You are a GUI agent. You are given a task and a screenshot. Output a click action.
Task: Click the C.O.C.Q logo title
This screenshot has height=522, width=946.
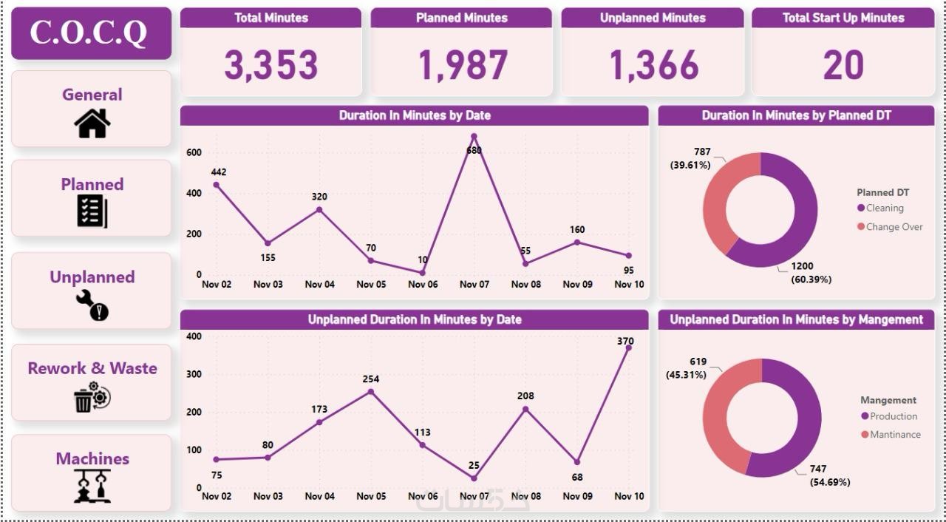coord(89,33)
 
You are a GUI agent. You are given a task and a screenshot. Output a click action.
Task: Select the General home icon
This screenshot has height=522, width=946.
coord(92,123)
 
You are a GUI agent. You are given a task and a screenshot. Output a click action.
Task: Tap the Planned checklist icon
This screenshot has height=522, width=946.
coord(92,211)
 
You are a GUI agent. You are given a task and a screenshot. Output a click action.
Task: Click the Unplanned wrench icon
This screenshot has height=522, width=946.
coord(92,305)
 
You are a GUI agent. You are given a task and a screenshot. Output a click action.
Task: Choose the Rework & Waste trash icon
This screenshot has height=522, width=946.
coord(92,397)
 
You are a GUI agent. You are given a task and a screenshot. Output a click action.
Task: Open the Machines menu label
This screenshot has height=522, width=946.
coord(92,458)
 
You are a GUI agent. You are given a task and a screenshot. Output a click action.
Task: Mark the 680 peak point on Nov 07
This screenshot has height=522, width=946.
coord(474,137)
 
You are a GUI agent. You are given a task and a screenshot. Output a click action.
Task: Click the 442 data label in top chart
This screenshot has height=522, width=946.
coord(218,172)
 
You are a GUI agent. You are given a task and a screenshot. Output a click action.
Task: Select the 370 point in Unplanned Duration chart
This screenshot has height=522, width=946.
coord(628,348)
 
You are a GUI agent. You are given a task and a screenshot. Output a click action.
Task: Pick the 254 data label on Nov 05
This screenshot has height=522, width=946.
coord(370,379)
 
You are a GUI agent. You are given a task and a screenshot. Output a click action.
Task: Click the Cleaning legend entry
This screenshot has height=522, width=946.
coord(884,209)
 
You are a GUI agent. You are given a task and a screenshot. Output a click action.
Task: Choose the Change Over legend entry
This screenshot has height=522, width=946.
coord(894,227)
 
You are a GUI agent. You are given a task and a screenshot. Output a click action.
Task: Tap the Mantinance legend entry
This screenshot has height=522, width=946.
coord(894,435)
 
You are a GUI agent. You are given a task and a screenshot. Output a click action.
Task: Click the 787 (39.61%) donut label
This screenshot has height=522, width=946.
coord(691,158)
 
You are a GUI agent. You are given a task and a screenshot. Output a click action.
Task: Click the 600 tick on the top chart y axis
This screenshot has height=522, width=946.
coord(194,153)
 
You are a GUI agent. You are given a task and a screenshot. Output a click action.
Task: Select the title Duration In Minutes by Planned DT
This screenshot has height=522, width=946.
coord(796,115)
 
